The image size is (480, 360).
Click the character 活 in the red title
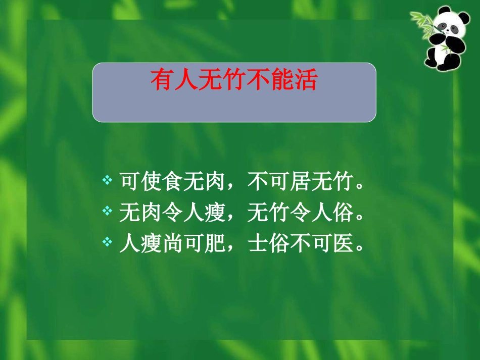[304, 81]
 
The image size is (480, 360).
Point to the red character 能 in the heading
[280, 81]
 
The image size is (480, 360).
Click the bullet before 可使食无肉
[107, 180]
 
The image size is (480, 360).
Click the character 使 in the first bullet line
[151, 182]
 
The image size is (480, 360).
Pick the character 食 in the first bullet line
[174, 182]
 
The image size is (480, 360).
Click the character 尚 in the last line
[174, 244]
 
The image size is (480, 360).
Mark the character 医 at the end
[344, 244]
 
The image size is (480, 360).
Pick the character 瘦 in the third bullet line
[151, 244]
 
